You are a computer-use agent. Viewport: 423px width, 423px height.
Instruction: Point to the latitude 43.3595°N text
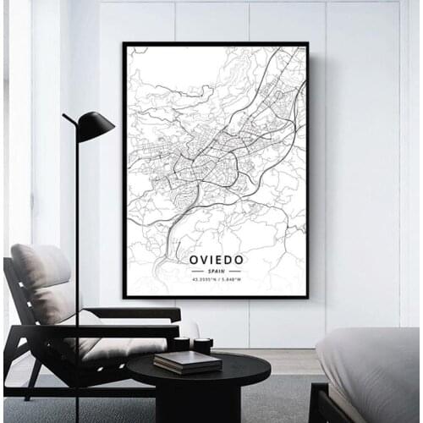[201, 279]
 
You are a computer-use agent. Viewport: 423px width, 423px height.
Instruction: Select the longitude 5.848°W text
[229, 279]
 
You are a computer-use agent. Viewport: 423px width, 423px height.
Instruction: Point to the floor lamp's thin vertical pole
[77, 254]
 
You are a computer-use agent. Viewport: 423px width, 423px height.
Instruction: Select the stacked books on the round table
[187, 361]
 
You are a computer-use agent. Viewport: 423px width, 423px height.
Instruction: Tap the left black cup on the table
[180, 344]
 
